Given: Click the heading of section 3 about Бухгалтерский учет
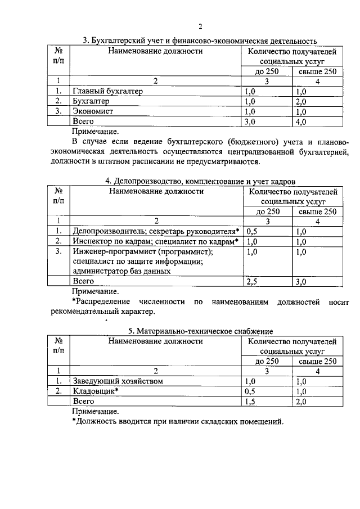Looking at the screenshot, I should (x=200, y=40).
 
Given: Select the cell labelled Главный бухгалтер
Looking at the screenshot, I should (x=108, y=91).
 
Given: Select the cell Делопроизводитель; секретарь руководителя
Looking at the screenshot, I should (x=156, y=232).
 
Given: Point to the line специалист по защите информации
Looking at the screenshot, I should (x=137, y=262).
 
